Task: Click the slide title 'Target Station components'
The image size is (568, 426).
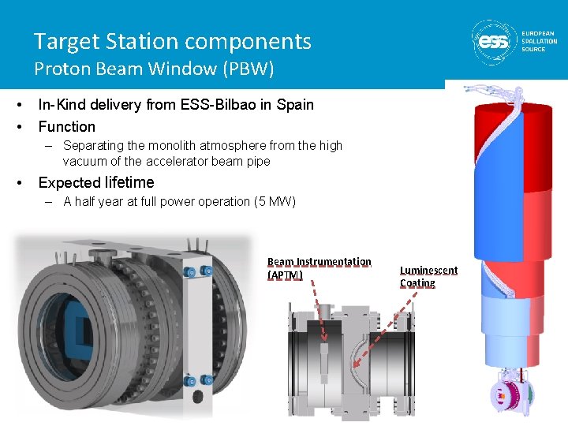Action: coord(172,41)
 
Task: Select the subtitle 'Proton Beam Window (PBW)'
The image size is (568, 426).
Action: coord(154,69)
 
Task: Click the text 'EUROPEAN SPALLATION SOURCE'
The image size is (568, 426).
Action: coord(539,41)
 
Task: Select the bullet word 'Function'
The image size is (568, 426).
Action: coord(66,126)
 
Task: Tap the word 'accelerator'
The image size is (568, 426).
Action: coord(177,162)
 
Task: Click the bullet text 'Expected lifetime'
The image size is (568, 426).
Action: coord(96,183)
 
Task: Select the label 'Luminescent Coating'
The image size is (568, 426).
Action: coord(428,277)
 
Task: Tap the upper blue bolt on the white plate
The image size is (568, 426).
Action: coord(189,273)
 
